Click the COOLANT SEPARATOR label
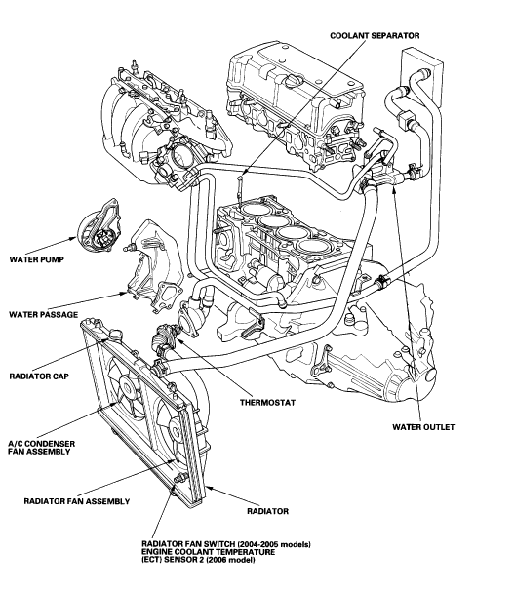374,35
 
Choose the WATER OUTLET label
423,426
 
